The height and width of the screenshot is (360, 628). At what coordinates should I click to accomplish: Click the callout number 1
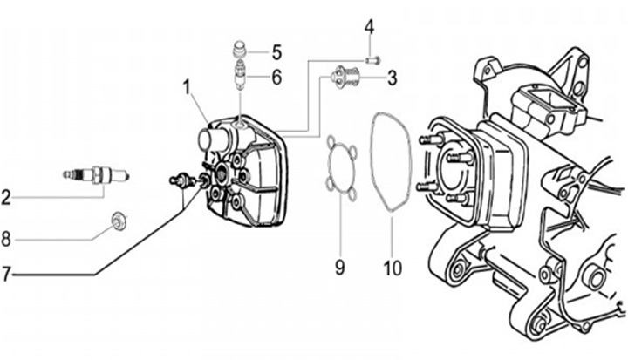[x=187, y=88]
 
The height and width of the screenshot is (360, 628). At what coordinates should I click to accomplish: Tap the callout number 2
[x=5, y=198]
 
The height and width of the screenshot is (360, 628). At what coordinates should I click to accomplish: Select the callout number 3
[x=392, y=78]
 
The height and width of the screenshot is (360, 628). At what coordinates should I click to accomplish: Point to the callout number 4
[x=369, y=27]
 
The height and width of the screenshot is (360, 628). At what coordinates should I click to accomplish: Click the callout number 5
[x=276, y=52]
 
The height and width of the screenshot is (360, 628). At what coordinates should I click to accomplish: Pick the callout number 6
[x=276, y=77]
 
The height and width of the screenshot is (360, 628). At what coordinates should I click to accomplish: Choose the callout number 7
[x=5, y=275]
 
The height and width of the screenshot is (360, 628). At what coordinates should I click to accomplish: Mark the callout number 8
[x=5, y=240]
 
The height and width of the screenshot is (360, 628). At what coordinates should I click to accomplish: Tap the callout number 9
[x=339, y=267]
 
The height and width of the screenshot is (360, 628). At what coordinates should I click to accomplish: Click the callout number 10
[x=392, y=268]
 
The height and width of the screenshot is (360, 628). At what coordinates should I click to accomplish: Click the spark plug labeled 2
[x=96, y=174]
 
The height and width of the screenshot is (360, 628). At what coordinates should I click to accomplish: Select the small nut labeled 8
[x=119, y=221]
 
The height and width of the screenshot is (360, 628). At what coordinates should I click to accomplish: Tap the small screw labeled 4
[x=372, y=60]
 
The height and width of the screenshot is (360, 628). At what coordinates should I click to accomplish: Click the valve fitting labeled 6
[x=240, y=75]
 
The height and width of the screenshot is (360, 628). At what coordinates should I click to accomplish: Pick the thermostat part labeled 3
[x=345, y=75]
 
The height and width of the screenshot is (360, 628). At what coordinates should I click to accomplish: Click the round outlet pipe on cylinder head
[x=213, y=139]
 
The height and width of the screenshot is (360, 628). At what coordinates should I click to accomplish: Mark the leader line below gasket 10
[x=392, y=234]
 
